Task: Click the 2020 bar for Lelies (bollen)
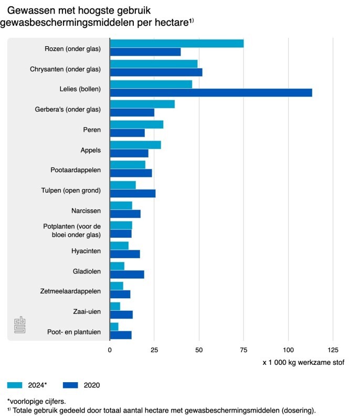click(x=210, y=92)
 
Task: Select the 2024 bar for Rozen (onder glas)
click(x=176, y=44)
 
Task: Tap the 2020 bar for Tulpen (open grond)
click(x=132, y=193)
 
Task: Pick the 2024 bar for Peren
click(x=136, y=124)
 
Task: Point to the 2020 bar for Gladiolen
click(x=126, y=274)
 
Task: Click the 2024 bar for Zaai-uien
click(x=115, y=306)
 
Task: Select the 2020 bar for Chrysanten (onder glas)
click(x=156, y=72)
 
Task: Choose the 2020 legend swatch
click(x=70, y=385)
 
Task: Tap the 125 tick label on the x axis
click(x=332, y=350)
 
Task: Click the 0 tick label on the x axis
click(x=110, y=350)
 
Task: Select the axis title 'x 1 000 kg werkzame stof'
click(x=303, y=362)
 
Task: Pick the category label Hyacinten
click(x=86, y=251)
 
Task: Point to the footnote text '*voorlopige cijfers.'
click(x=36, y=401)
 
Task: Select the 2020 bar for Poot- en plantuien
click(x=121, y=334)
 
